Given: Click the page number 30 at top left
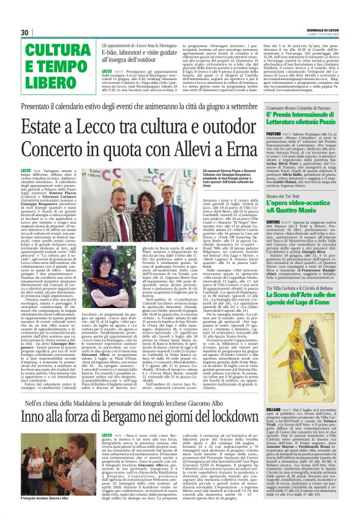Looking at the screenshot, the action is click(25, 32).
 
